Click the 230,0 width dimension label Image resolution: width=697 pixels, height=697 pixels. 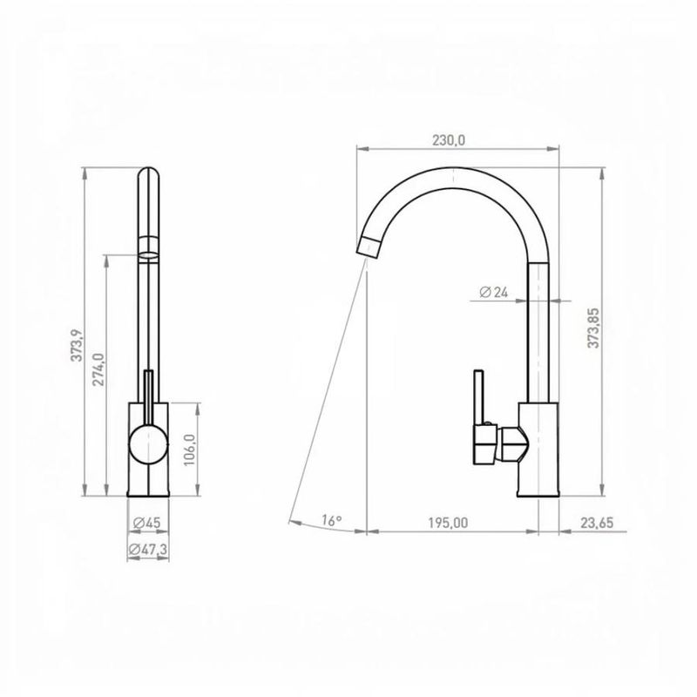click(x=449, y=140)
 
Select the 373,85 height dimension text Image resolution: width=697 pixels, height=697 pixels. click(x=593, y=328)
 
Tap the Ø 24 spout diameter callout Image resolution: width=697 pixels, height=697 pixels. click(x=493, y=292)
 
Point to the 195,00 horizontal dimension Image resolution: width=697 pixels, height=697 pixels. click(x=448, y=523)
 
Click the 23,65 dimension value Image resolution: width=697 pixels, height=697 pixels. click(x=597, y=523)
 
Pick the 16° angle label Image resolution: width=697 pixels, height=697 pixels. click(x=332, y=520)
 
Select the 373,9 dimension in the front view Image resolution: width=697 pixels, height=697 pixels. click(x=77, y=345)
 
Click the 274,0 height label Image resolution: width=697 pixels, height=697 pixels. click(x=98, y=369)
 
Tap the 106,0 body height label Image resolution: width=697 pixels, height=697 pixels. click(x=190, y=450)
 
